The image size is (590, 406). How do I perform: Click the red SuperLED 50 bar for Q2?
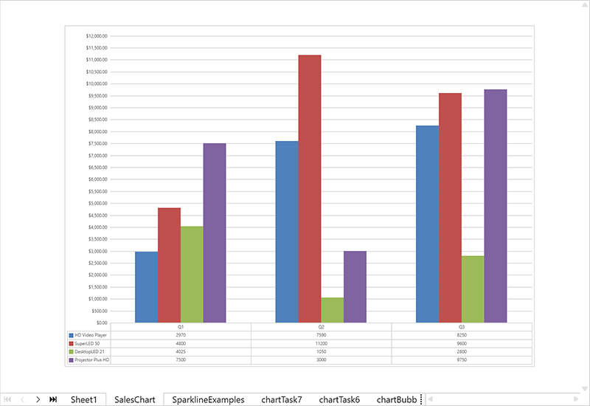pyautogui.click(x=310, y=188)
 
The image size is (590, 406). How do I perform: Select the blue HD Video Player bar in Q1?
pyautogui.click(x=146, y=287)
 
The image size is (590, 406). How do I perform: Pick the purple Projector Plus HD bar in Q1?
pyautogui.click(x=214, y=233)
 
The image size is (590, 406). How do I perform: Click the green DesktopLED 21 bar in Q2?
pyautogui.click(x=332, y=310)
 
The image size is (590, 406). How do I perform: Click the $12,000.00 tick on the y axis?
pyautogui.click(x=97, y=36)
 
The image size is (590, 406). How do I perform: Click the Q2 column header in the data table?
pyautogui.click(x=321, y=326)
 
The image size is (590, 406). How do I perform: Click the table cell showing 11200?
pyautogui.click(x=321, y=343)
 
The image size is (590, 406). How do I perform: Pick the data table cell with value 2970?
pyautogui.click(x=181, y=335)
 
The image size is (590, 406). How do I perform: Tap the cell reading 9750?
pyautogui.click(x=462, y=359)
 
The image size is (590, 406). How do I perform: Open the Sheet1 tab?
pyautogui.click(x=83, y=399)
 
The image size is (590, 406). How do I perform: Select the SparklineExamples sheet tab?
pyautogui.click(x=208, y=399)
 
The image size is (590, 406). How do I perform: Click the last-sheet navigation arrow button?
pyautogui.click(x=53, y=399)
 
